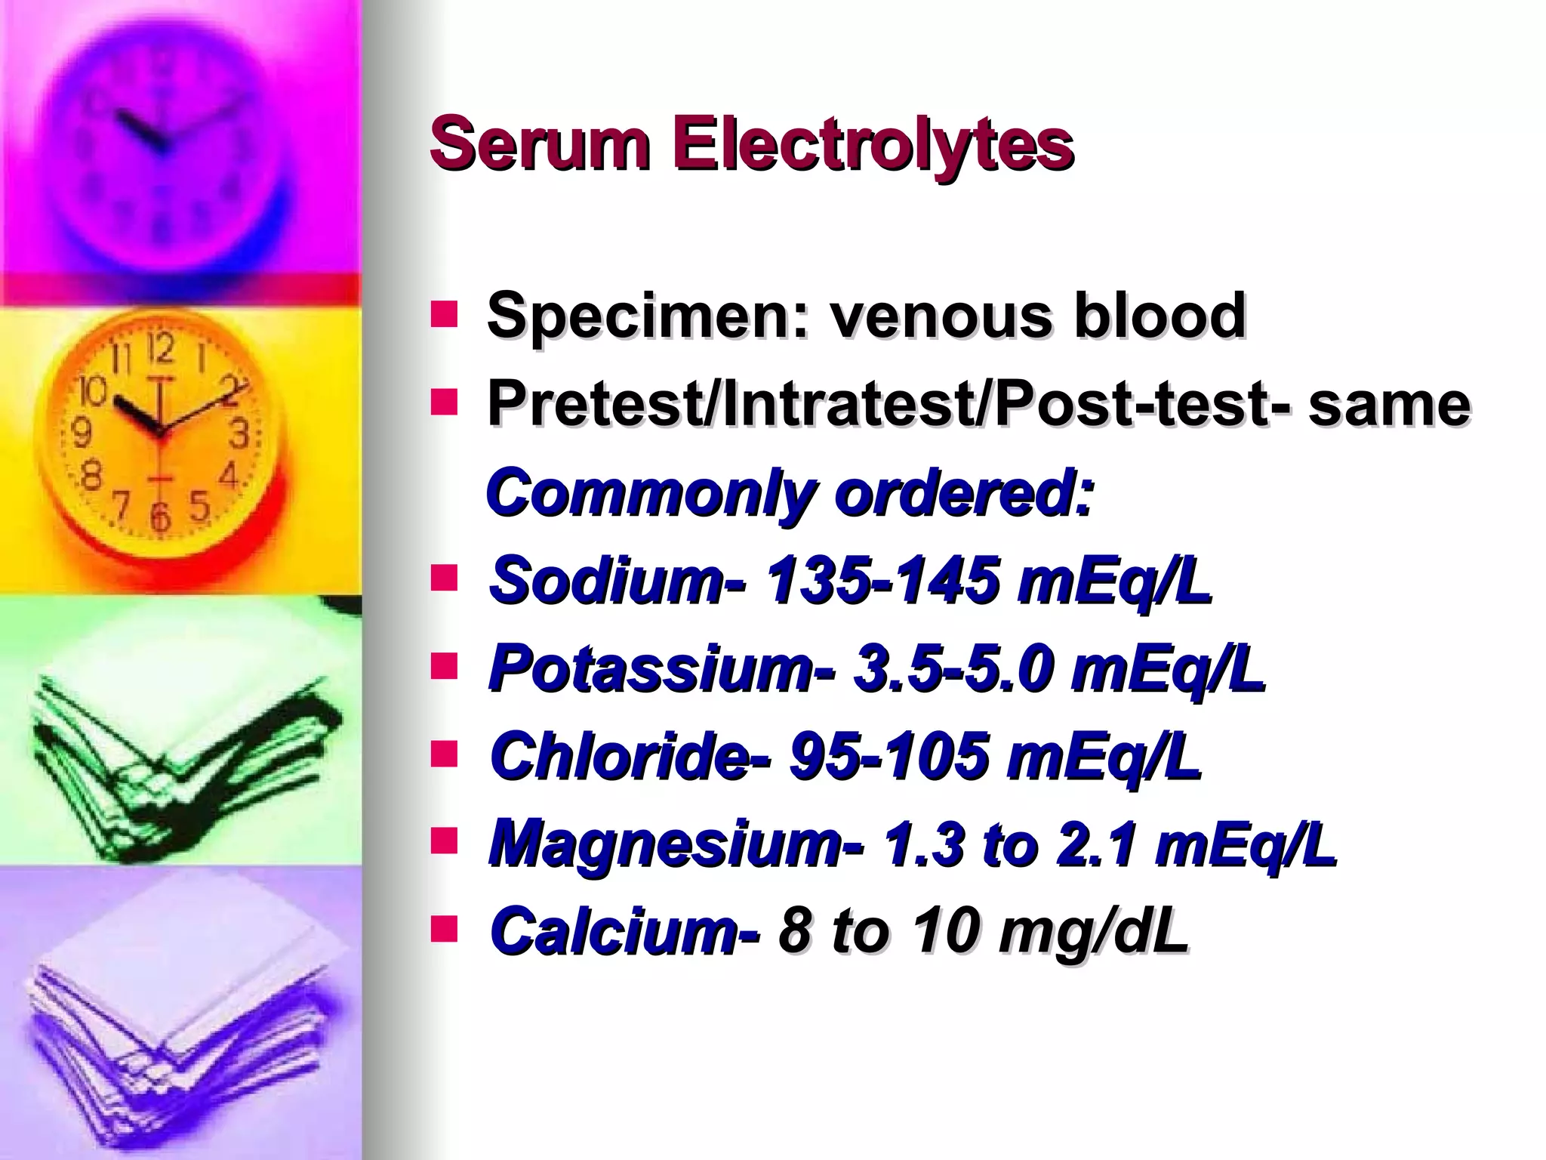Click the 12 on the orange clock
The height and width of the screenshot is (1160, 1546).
click(160, 348)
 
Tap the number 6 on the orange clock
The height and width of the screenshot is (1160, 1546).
click(159, 517)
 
